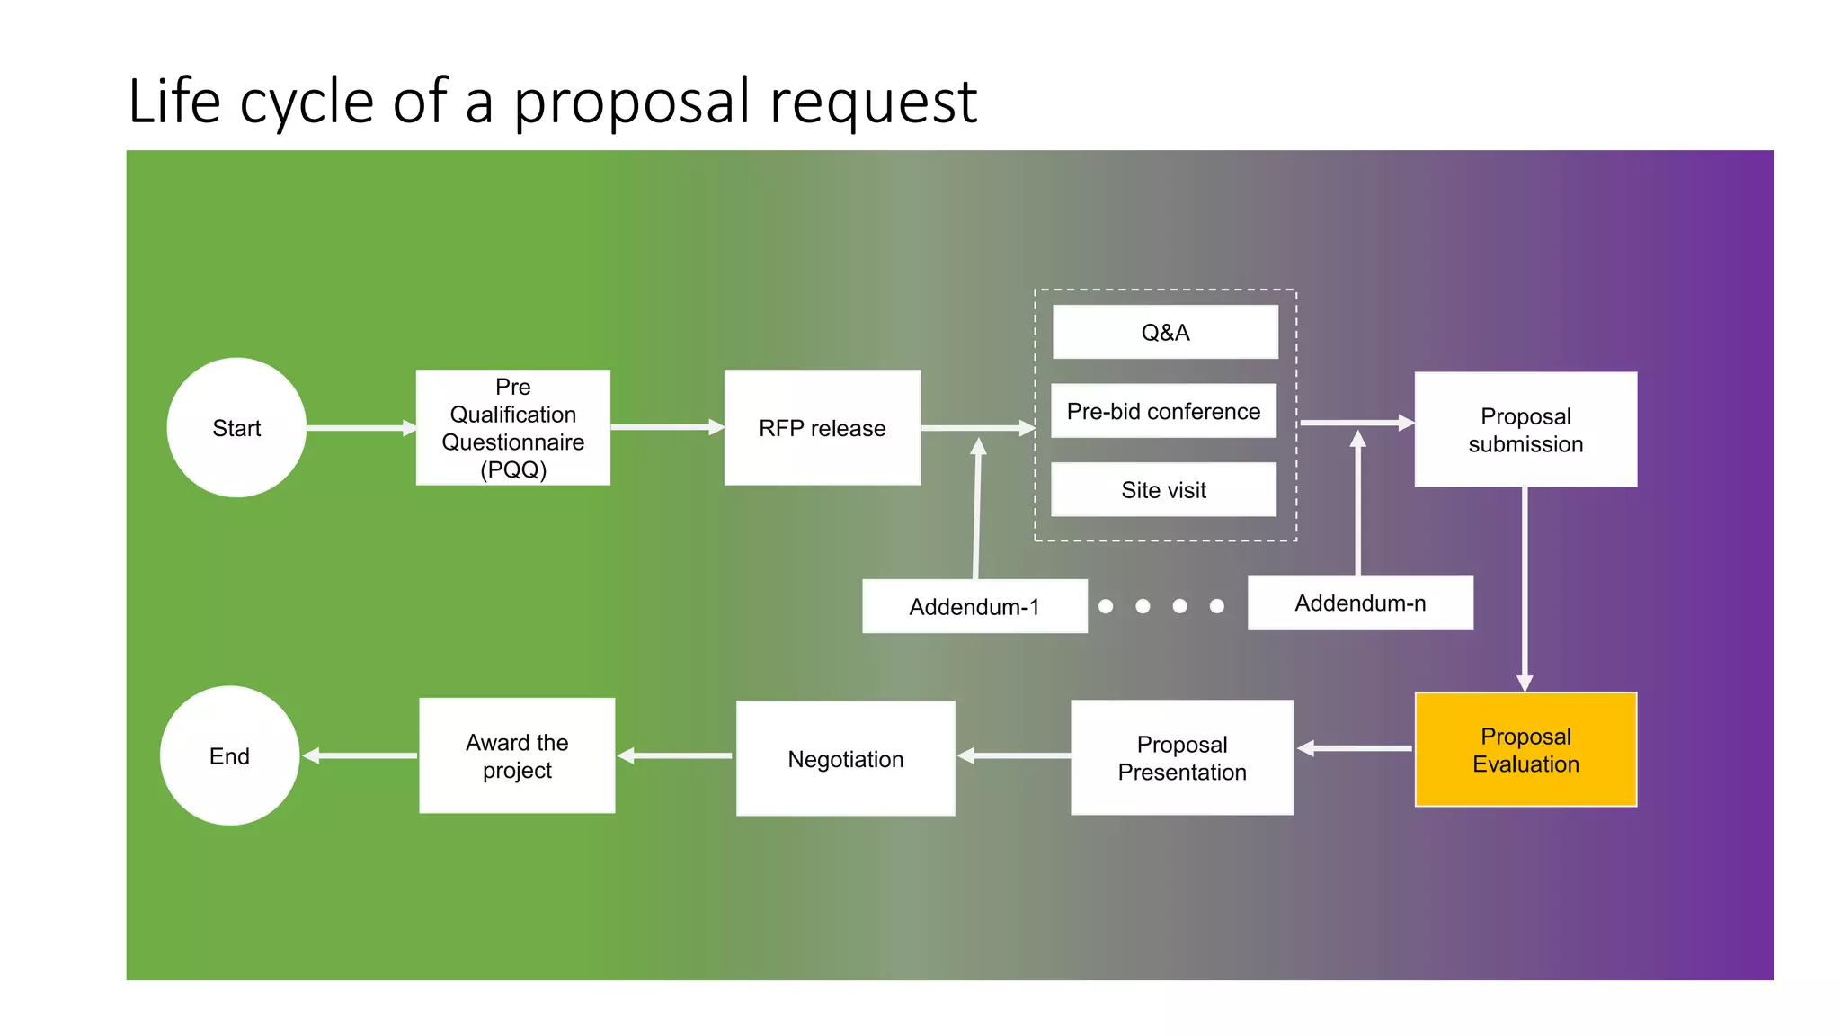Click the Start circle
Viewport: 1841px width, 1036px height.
point(236,428)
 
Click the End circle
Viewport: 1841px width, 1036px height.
point(230,756)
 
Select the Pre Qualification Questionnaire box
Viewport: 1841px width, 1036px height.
point(513,428)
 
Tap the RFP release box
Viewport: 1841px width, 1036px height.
point(822,428)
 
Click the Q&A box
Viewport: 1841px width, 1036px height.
point(1165,333)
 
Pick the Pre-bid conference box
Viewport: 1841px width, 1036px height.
point(1163,412)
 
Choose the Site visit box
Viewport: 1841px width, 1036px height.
point(1163,490)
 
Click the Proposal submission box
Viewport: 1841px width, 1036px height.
point(1525,430)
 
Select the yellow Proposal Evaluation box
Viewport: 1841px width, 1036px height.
point(1525,750)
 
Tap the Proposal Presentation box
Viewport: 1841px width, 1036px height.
point(1182,758)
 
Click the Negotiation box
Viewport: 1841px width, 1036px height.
point(845,759)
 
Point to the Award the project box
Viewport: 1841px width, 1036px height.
point(517,756)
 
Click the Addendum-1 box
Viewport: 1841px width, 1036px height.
point(974,607)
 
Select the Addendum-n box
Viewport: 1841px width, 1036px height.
point(1360,603)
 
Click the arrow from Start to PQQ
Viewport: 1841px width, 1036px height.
point(360,428)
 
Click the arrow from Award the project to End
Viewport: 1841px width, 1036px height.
point(360,756)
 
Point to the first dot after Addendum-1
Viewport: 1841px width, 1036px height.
point(1106,606)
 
